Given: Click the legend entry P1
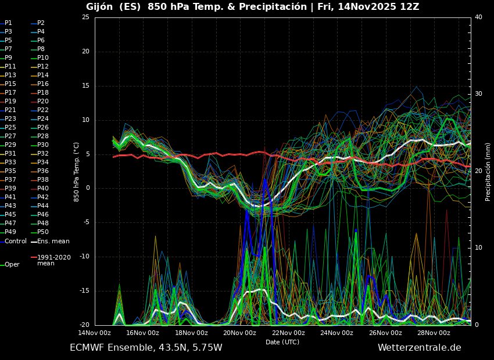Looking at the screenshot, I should (8, 23).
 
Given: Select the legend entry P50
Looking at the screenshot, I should (43, 232).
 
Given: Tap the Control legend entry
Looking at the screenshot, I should (16, 241).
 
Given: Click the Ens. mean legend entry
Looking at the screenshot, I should (53, 241).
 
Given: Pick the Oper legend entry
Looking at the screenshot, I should (12, 264).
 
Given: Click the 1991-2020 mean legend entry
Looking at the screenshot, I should (53, 260).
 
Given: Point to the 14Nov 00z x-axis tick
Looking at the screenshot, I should (95, 333).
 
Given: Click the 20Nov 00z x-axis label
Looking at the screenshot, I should (239, 333).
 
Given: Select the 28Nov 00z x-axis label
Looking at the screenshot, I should (433, 333).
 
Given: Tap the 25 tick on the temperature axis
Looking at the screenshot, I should (85, 17).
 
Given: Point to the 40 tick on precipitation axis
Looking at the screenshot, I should (478, 17).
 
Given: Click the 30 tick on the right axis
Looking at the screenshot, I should (478, 94).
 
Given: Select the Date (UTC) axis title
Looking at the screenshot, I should (282, 342).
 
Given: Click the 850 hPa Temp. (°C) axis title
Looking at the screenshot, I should (76, 171).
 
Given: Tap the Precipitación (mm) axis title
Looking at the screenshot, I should (488, 171).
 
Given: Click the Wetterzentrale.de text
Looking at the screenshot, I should (419, 348).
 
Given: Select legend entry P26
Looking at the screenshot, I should (43, 127).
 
